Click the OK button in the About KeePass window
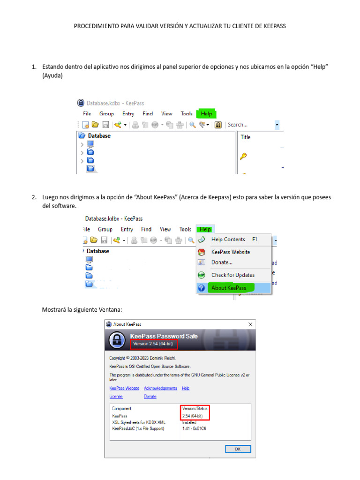pos(238,449)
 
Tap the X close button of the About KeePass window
pos(250,324)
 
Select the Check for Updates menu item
pos(232,275)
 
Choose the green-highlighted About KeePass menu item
pos(229,288)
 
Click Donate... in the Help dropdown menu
pos(222,262)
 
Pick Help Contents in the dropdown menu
pos(228,239)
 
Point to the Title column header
pos(246,137)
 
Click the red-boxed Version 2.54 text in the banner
pos(154,344)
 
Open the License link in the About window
pos(116,397)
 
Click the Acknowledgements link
pos(160,388)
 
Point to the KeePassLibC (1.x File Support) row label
pos(138,428)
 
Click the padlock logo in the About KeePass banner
pos(117,341)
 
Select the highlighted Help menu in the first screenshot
pos(206,114)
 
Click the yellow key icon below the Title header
pos(243,157)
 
